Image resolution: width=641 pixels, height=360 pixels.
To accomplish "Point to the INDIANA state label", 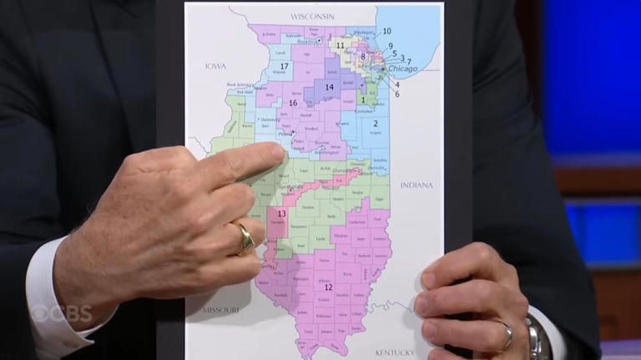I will click(x=416, y=185).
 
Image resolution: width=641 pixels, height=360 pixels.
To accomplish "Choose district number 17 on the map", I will click(x=284, y=66).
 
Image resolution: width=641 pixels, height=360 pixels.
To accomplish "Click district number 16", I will click(x=292, y=104).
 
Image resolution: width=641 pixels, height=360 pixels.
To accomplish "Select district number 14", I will click(x=329, y=87).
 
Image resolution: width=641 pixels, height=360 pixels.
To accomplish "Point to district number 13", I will click(x=281, y=214).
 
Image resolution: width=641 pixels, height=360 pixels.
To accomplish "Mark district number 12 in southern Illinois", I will click(x=328, y=287).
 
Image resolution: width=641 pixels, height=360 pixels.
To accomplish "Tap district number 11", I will click(x=340, y=45).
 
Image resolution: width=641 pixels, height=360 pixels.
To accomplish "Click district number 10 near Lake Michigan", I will click(x=386, y=31).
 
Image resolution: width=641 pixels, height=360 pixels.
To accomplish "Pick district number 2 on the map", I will click(x=376, y=124).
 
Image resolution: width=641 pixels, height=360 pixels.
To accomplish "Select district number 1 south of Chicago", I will click(x=362, y=99).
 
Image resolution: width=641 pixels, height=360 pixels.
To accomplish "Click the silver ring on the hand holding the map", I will click(x=507, y=335).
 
